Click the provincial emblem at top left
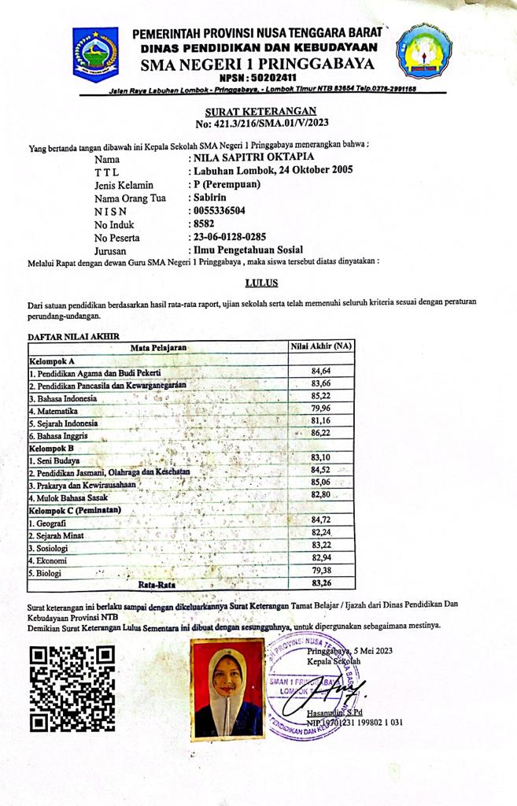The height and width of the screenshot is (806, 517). tap(95, 53)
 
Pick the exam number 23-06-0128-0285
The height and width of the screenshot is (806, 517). tap(240, 237)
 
